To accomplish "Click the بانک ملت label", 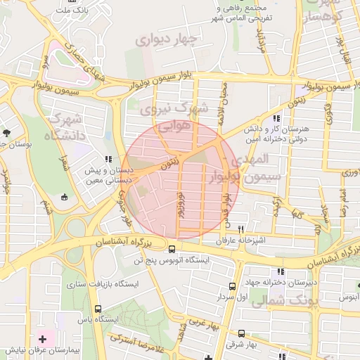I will [75, 11].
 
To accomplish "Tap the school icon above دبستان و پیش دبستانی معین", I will [108, 160].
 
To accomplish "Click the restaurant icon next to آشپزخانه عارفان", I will [241, 229].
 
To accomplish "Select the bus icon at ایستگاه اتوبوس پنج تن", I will [172, 248].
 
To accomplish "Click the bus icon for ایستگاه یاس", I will [98, 309].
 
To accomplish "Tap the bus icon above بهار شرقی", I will [241, 334].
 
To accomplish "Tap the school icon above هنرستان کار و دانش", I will [276, 119].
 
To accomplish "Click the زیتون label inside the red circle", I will [170, 163].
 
